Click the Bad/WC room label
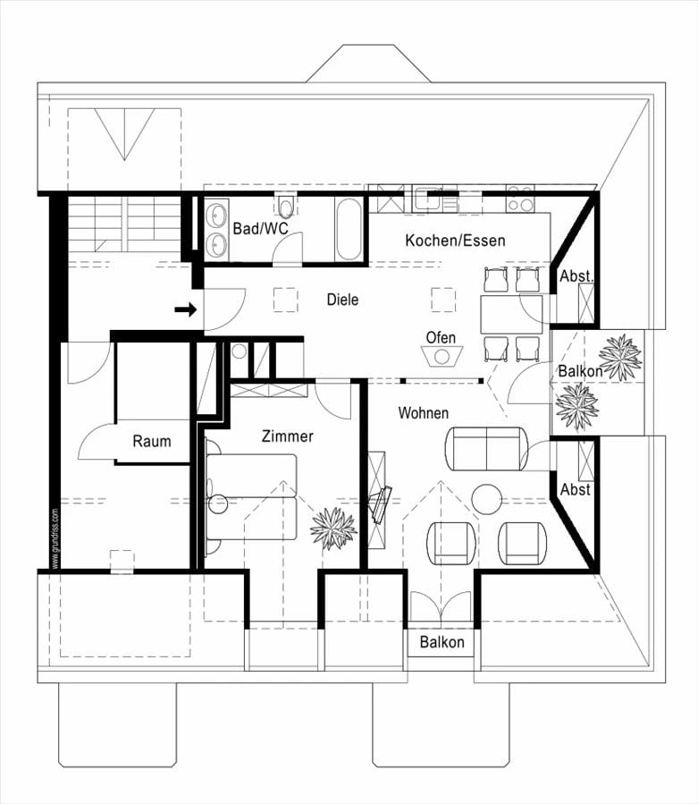260,229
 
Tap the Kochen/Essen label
455,241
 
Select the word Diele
342,300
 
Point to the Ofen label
441,338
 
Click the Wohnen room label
424,413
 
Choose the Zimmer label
287,436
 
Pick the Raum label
151,441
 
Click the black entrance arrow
186,309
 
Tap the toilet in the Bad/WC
286,208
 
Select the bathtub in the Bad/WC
349,229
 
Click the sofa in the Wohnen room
486,448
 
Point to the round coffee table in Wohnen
487,499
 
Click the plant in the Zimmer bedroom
332,527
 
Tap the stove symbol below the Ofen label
442,355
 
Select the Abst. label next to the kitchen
576,277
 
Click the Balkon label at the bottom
442,642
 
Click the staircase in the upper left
125,224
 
